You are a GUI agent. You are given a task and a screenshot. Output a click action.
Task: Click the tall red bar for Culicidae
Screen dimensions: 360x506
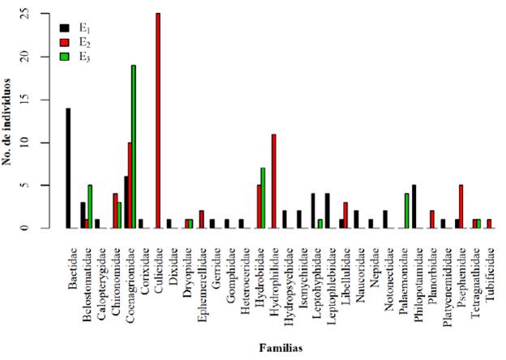pyautogui.click(x=157, y=121)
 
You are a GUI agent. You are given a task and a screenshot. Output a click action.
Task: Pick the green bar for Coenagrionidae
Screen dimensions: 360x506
pyautogui.click(x=133, y=147)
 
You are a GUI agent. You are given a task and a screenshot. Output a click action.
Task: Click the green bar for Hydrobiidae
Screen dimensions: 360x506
pyautogui.click(x=263, y=198)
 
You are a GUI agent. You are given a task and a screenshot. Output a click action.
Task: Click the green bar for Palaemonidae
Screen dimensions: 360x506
pyautogui.click(x=405, y=211)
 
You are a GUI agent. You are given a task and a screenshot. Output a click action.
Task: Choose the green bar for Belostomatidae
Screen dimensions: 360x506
pyautogui.click(x=90, y=207)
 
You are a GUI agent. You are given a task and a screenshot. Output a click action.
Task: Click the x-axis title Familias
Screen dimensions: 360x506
pyautogui.click(x=281, y=349)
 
